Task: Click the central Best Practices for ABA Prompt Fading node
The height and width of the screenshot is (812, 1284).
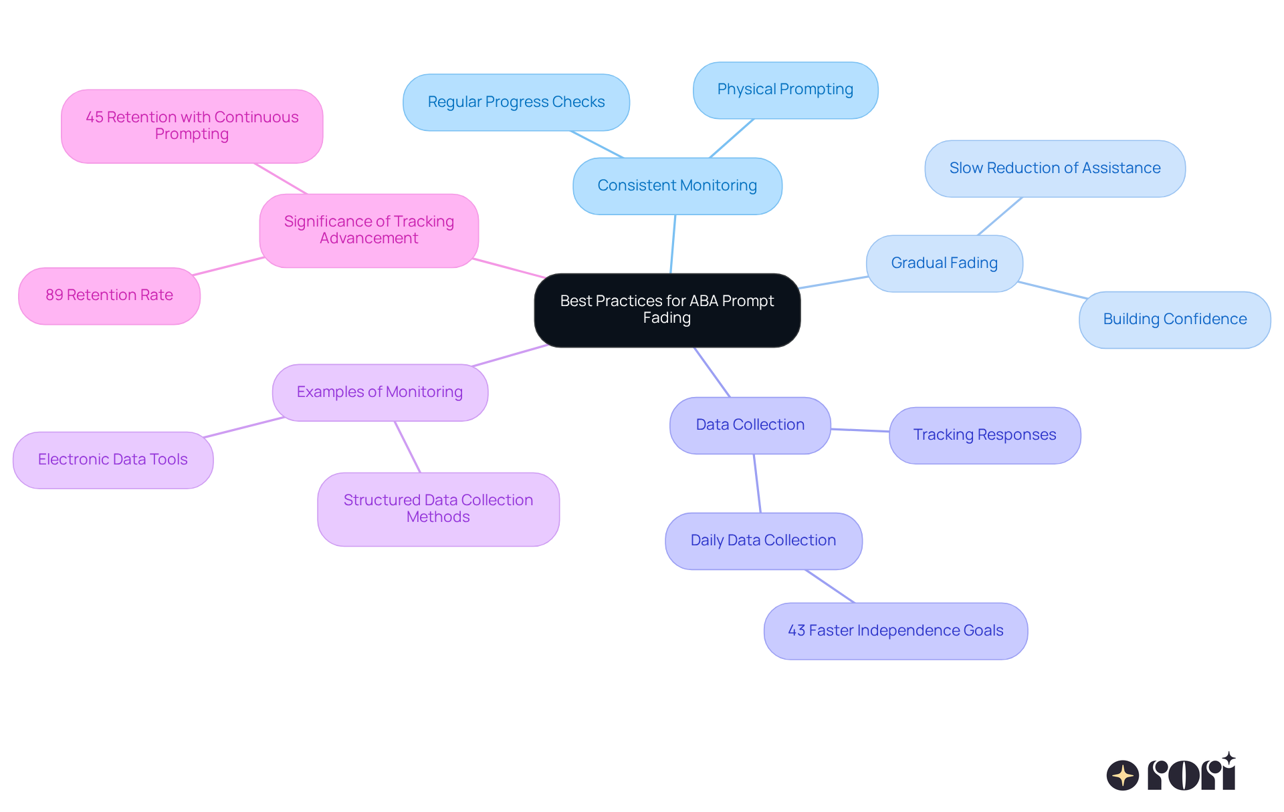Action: pyautogui.click(x=667, y=310)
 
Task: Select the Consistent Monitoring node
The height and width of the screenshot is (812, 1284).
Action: pyautogui.click(x=677, y=186)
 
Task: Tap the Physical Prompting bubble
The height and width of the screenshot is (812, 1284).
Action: pyautogui.click(x=785, y=90)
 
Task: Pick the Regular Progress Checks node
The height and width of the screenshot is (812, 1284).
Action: pyautogui.click(x=516, y=102)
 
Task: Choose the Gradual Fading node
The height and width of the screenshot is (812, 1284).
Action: pyautogui.click(x=944, y=263)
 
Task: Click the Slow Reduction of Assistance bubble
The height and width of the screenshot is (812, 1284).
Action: pyautogui.click(x=1055, y=168)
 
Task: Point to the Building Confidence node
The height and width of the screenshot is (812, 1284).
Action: pyautogui.click(x=1174, y=319)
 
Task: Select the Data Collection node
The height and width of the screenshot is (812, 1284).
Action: pyautogui.click(x=750, y=425)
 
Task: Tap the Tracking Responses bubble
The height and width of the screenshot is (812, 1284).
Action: pyautogui.click(x=984, y=435)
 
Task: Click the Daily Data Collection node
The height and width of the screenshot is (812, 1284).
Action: pyautogui.click(x=763, y=541)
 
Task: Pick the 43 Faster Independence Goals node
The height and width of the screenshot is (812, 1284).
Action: pyautogui.click(x=895, y=631)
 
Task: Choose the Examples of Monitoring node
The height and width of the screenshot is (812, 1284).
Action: pyautogui.click(x=380, y=392)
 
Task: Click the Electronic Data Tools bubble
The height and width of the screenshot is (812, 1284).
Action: pyautogui.click(x=113, y=460)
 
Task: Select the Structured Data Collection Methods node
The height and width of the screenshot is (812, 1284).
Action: pyautogui.click(x=438, y=509)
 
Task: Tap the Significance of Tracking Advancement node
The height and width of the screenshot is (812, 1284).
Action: pyautogui.click(x=368, y=231)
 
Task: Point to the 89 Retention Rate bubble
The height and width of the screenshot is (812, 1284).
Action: pyautogui.click(x=109, y=295)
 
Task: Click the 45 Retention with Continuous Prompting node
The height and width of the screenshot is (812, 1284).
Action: pyautogui.click(x=192, y=126)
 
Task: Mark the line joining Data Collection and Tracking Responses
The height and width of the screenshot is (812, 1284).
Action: pyautogui.click(x=860, y=430)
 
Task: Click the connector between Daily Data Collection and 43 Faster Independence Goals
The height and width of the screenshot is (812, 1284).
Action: pyautogui.click(x=830, y=586)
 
